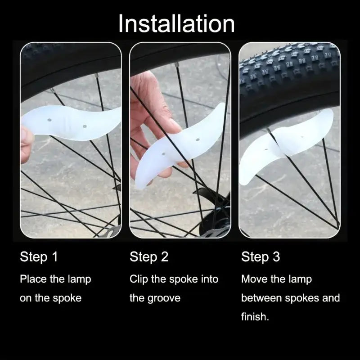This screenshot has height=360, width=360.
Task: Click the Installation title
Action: pos(176,24)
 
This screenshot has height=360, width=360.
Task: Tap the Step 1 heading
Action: pos(39,256)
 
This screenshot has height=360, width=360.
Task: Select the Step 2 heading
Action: pos(149,256)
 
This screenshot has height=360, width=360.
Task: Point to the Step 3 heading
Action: pos(261,256)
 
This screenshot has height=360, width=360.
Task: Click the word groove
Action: pos(164,298)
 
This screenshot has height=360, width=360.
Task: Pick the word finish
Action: pos(255,317)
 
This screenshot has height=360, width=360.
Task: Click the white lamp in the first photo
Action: pos(71,123)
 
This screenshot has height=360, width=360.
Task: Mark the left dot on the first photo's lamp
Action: pos(49,120)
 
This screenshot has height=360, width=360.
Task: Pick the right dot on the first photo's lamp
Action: pos(85,126)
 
